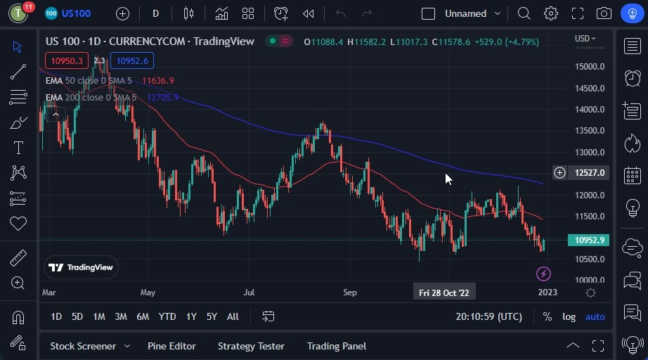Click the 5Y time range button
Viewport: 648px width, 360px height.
212,316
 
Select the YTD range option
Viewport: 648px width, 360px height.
167,316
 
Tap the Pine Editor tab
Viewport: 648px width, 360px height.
171,346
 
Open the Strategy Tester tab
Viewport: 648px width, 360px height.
251,346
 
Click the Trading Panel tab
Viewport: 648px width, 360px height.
337,346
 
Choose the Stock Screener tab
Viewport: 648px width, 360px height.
83,346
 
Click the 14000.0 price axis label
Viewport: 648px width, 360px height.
589,110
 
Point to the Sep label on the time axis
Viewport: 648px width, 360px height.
350,292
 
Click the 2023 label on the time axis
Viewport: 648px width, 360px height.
547,292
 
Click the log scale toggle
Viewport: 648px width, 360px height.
569,316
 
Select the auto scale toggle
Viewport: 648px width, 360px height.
595,316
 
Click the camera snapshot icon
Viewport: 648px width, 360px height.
604,13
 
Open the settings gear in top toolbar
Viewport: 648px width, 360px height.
551,13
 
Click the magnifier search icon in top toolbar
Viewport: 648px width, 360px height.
524,13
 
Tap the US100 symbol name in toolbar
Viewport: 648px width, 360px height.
76,13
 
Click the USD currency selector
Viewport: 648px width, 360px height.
585,39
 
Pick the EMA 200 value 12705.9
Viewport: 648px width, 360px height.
162,97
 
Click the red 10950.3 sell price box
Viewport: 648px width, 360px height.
67,60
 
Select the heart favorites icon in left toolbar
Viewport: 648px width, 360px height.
18,224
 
